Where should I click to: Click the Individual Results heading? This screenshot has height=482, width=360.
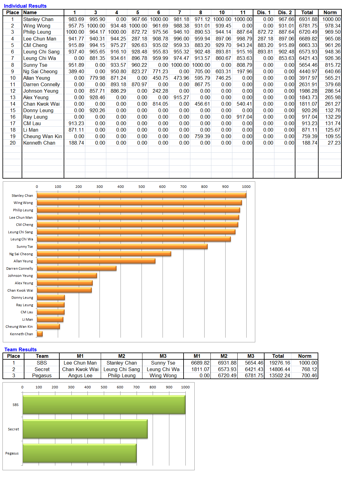click(25, 6)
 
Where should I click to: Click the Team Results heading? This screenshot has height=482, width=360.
click(20, 349)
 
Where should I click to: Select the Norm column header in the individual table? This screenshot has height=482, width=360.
click(330, 13)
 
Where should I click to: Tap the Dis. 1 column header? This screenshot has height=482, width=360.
click(263, 13)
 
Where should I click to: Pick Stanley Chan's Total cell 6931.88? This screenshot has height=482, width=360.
click(308, 19)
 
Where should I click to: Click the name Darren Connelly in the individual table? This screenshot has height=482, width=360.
click(41, 85)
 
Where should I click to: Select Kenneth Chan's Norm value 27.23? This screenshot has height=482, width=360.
click(334, 143)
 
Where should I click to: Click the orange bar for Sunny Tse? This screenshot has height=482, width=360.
click(122, 246)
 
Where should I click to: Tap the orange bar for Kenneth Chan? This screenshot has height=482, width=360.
click(40, 334)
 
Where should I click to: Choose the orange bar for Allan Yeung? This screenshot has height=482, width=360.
click(96, 261)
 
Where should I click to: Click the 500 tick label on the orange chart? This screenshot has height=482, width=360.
click(141, 187)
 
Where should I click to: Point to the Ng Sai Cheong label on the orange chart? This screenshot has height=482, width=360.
click(21, 254)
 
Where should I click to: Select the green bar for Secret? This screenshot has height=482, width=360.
click(85, 429)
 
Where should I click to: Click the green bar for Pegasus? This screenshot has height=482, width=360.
click(79, 453)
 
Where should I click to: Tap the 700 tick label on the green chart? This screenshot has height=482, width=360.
click(136, 387)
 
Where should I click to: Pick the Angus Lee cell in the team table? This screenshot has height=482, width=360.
click(80, 375)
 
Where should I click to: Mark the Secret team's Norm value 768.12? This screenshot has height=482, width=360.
click(309, 369)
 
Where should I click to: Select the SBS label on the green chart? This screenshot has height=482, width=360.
click(15, 404)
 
